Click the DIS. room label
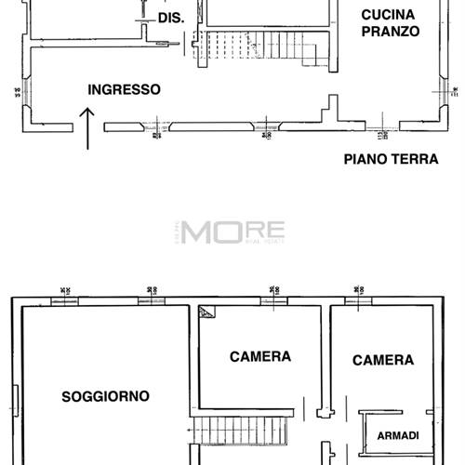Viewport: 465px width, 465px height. coord(169,18)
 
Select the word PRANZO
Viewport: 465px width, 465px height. coord(391,31)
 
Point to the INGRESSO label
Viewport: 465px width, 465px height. coord(124,90)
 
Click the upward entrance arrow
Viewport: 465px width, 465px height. coord(88,126)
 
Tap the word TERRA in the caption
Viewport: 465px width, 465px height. coord(415,159)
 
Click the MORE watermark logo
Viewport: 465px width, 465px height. coord(232,231)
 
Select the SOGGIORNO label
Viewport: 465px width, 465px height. coord(105,396)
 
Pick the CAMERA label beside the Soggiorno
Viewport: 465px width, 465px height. coord(260,356)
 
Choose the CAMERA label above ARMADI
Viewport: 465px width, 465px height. coord(383,360)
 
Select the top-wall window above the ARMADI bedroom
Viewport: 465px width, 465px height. coord(358,299)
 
